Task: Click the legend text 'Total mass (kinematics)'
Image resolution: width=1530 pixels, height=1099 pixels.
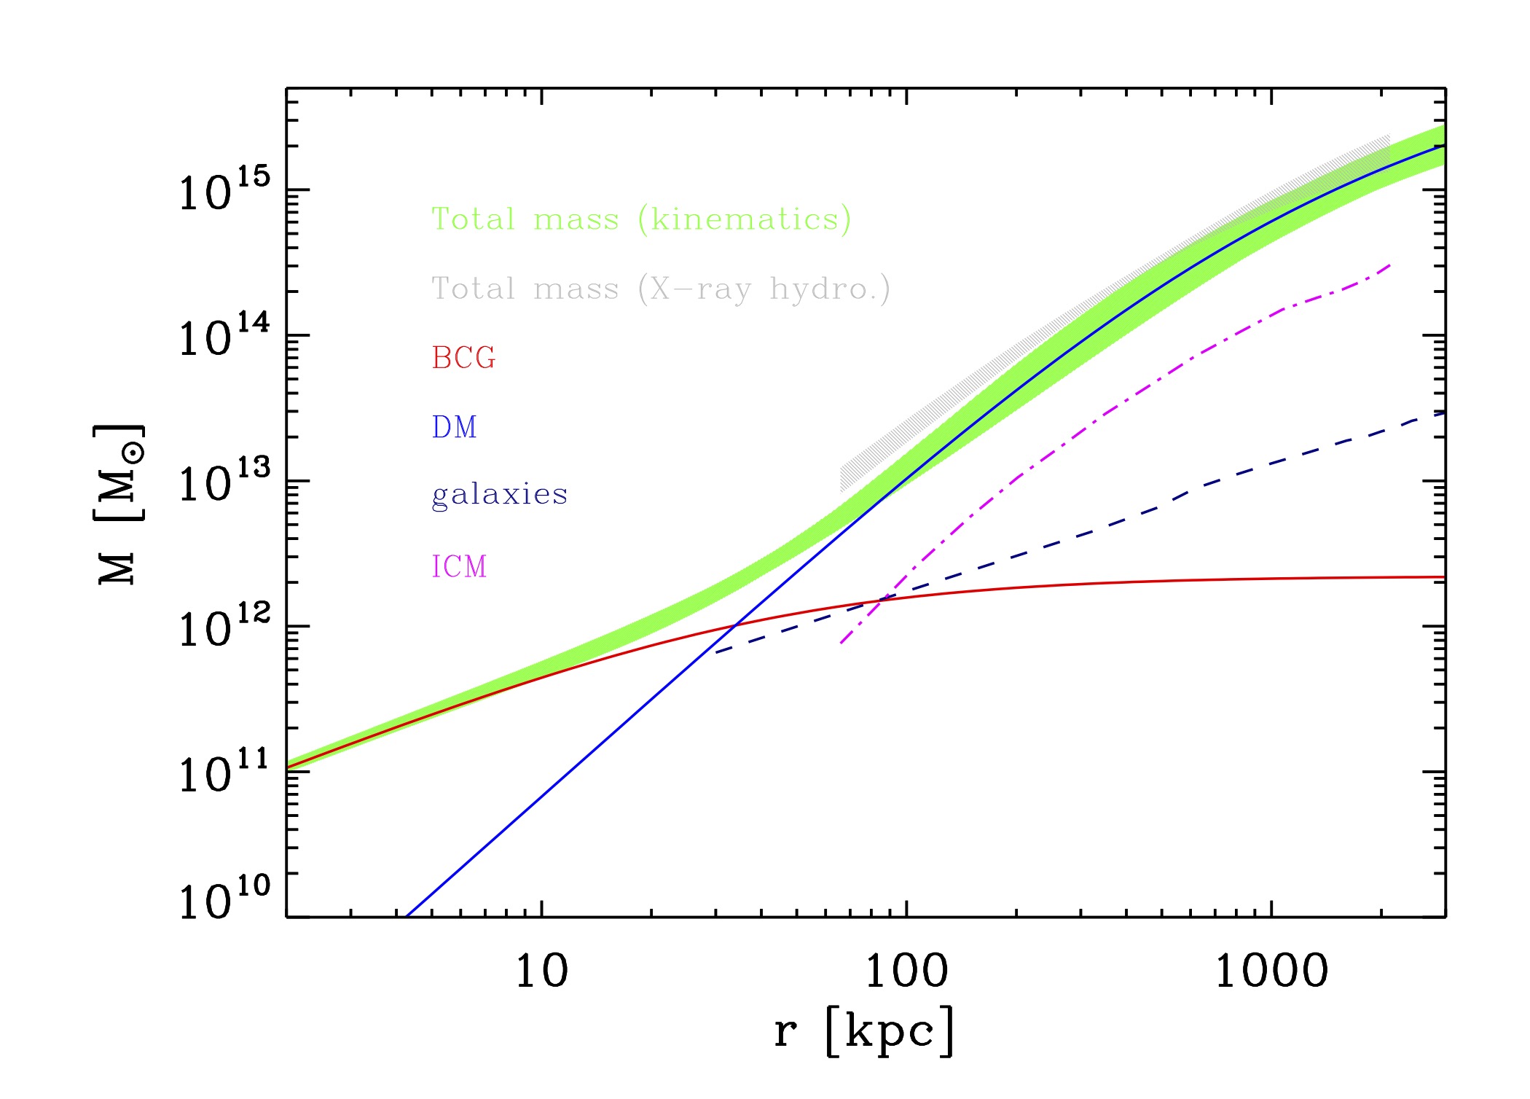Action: coord(641,219)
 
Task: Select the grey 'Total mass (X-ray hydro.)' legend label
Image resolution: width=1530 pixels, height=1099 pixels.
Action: coord(660,289)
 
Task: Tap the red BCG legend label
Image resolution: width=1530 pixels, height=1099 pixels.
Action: coord(463,358)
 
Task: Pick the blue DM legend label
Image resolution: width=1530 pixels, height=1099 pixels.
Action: coord(454,427)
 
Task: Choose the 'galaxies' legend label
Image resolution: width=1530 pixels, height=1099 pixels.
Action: coord(499,495)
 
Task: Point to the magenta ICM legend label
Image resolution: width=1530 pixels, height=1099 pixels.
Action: coord(459,566)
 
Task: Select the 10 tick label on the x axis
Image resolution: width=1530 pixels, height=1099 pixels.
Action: coord(541,971)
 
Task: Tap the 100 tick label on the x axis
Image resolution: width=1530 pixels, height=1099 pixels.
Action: coord(906,971)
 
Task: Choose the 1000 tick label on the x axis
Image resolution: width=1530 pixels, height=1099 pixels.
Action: coord(1271,971)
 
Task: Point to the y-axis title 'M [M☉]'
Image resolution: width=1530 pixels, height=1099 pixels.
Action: coord(119,503)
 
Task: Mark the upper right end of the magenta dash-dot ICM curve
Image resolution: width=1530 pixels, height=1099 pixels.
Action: coord(1390,265)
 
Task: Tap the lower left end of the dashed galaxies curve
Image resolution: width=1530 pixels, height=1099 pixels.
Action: coord(717,652)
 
